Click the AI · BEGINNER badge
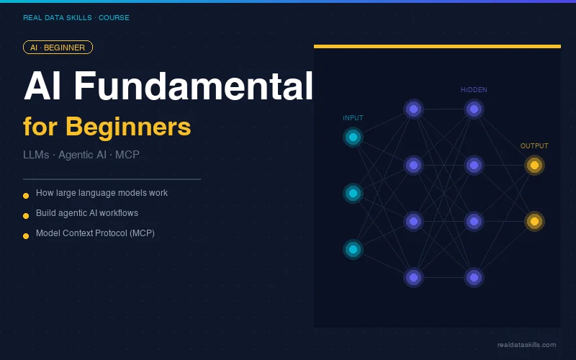point(58,48)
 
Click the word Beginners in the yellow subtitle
point(128,127)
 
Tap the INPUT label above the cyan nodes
point(353,117)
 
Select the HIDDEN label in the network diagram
point(474,90)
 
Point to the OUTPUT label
point(534,146)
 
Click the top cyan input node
point(353,137)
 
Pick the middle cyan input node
point(353,193)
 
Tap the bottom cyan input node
point(353,249)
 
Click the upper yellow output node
point(534,165)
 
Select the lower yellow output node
point(534,221)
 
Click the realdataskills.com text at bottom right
point(526,345)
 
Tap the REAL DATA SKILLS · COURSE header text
point(76,18)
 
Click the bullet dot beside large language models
point(26,195)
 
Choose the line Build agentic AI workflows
point(86,213)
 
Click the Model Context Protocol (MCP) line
point(95,233)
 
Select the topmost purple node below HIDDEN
point(474,109)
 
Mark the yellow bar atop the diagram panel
point(437,47)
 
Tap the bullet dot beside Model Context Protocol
point(26,235)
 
